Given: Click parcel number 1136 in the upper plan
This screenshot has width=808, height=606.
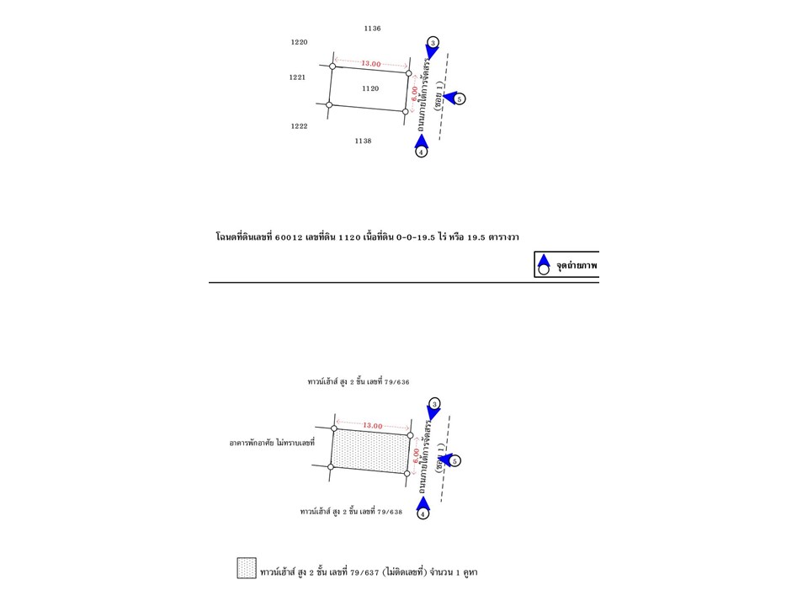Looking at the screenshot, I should pos(372,29).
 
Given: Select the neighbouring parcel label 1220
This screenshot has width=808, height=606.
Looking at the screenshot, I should pos(299,42).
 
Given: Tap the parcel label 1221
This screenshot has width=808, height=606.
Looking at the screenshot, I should pos(297,77).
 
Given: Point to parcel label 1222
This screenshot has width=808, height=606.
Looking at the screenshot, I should pos(299,126).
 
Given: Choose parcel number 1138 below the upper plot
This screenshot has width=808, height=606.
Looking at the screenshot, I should pos(363,141).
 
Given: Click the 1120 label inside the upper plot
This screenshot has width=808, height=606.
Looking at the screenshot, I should pos(370,88).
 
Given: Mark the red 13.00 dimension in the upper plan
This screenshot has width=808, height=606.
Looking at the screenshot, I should pos(371,64).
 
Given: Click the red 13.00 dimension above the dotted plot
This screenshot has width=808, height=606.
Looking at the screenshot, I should pos(372,426).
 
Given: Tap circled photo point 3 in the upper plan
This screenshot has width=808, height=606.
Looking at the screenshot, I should pos(433,42).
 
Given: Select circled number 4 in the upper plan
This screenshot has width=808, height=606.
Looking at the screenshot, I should pos(422,152).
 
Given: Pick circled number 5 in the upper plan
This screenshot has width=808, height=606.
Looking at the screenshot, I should pos(460,99).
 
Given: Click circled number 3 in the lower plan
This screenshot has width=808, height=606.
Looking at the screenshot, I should pos(434,404).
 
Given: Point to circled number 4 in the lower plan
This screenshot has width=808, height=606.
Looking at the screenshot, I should pos(423,514).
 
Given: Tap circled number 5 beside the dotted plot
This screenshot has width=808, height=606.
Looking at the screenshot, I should pos(456,461).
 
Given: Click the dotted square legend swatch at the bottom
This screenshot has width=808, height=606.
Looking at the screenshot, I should pos(246,568).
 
